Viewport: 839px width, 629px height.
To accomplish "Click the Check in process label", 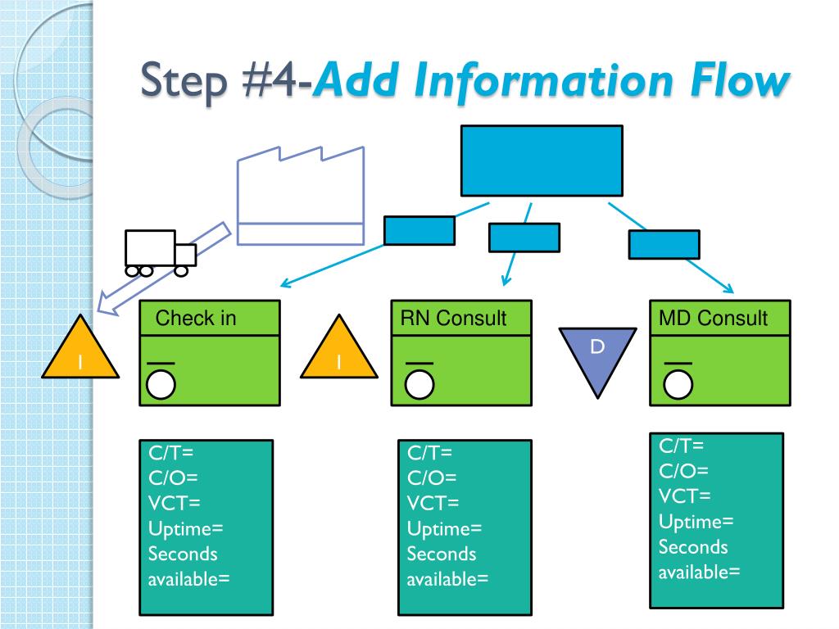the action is [x=196, y=319].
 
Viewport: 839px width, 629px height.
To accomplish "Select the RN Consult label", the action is [x=453, y=319].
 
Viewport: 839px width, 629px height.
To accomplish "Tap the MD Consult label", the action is [x=713, y=319].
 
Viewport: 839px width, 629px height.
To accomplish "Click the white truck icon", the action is [x=160, y=253].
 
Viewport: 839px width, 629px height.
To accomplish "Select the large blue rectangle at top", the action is [x=542, y=161].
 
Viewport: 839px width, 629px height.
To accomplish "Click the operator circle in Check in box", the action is [x=161, y=385].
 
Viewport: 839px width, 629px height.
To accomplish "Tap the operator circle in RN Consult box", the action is [x=419, y=385].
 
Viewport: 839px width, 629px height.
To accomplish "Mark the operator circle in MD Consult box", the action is [x=678, y=385].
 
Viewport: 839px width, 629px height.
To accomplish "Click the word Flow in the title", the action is [x=740, y=80].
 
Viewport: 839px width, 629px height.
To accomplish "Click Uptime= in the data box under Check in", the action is [x=186, y=528].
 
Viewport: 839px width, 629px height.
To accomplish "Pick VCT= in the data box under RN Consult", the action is [x=433, y=503].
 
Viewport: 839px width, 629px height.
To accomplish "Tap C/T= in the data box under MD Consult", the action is [x=681, y=445].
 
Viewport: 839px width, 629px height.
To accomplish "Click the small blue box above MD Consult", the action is [x=664, y=244].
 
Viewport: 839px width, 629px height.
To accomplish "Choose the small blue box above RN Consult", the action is [x=524, y=238].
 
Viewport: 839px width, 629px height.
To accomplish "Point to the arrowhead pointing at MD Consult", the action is [x=728, y=289].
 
